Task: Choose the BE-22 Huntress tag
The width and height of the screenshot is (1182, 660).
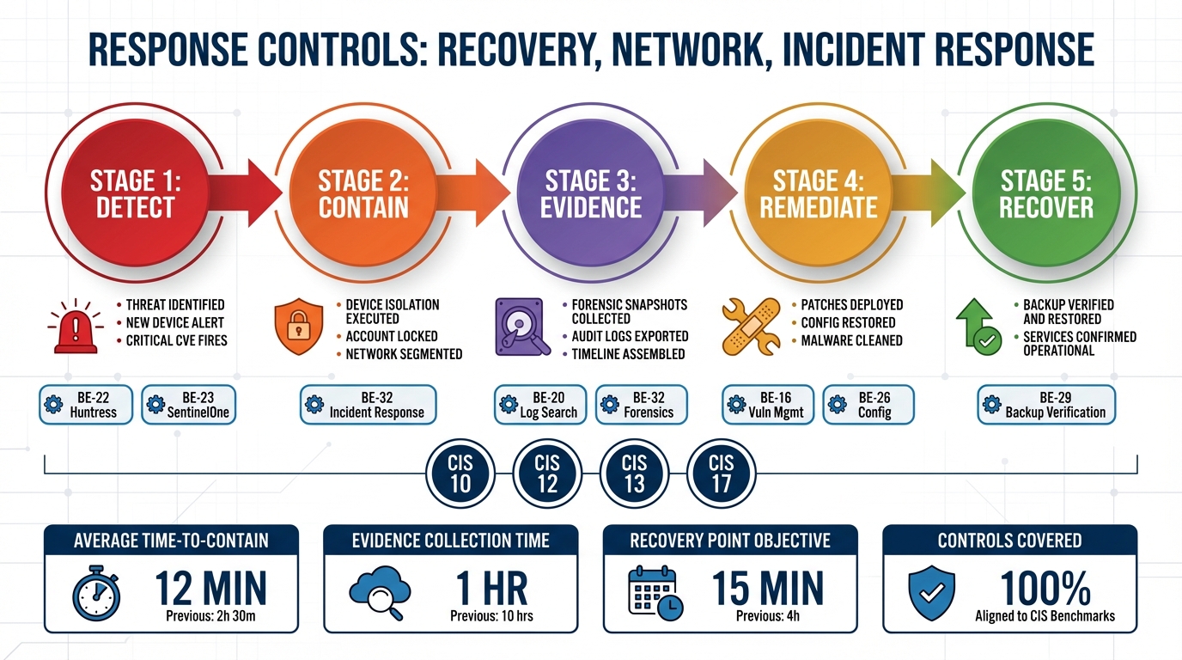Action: coord(86,405)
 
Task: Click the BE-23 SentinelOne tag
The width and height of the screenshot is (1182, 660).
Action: coord(187,405)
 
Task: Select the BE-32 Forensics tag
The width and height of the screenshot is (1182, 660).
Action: coord(644,405)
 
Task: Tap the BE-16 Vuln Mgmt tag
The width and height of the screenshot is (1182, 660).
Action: coord(767,405)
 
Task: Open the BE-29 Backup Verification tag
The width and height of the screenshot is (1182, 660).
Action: coord(1046,405)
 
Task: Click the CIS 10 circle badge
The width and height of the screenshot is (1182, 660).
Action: coord(460,474)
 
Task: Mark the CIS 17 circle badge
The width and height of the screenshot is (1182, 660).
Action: coord(722,474)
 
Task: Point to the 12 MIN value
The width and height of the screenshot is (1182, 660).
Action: coord(210,590)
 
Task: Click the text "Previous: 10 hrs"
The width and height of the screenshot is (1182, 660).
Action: coord(491,616)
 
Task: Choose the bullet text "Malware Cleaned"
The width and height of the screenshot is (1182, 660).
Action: coord(851,340)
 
